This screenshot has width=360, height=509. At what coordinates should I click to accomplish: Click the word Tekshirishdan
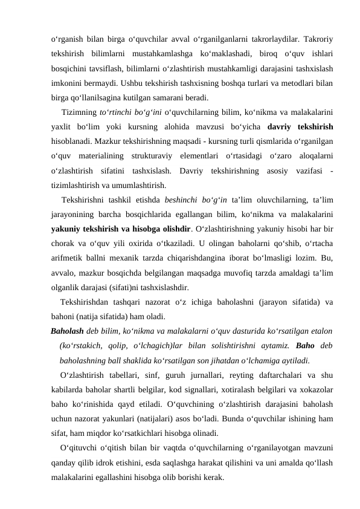88,302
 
